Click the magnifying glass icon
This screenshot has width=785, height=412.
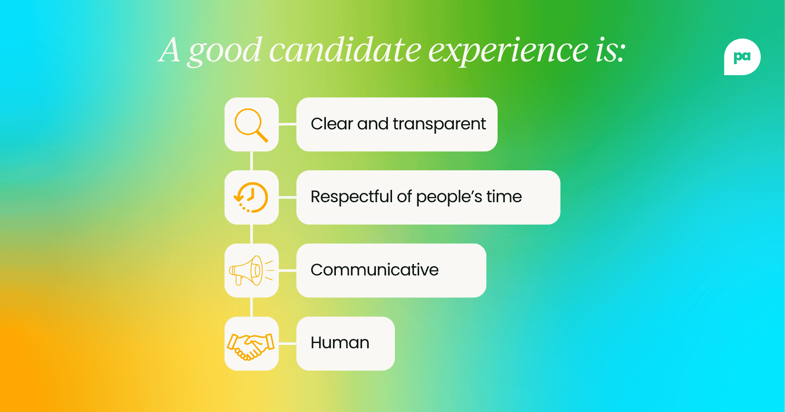coord(251,125)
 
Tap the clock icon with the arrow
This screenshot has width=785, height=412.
coord(251,197)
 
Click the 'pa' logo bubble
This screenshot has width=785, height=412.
coord(742,57)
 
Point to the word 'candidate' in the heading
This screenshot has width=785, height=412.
coord(345,50)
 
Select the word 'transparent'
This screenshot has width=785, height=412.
coord(439,124)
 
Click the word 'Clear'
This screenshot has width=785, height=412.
coord(332,124)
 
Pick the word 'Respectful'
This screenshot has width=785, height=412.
coord(352,196)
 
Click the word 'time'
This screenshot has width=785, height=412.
coord(504,196)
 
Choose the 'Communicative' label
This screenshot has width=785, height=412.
coord(374,270)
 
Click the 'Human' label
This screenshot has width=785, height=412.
coord(340,343)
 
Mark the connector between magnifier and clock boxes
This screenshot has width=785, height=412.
coord(251,161)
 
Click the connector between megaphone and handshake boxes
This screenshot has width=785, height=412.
coord(251,307)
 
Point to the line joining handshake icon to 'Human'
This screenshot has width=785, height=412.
coord(287,343)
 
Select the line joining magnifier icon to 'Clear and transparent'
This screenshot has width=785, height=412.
coord(287,124)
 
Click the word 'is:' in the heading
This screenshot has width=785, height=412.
coord(610,50)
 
